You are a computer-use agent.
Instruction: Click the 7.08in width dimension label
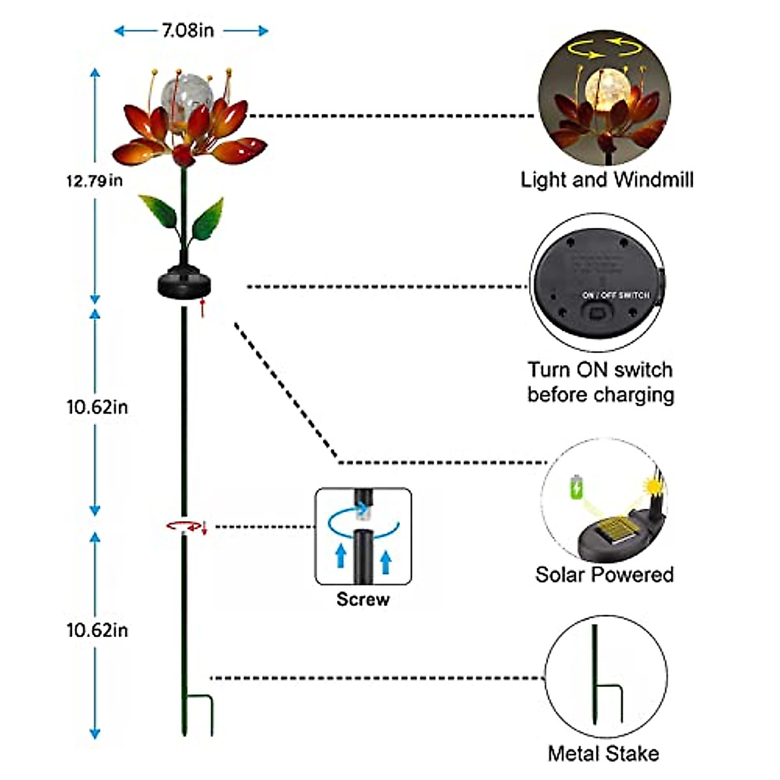pyautogui.click(x=188, y=31)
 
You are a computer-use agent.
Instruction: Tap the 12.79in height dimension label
pyautogui.click(x=94, y=181)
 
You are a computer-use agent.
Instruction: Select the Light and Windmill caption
pyautogui.click(x=607, y=179)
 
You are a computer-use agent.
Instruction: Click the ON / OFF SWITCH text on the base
pyautogui.click(x=615, y=295)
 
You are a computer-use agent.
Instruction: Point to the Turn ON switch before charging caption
pyautogui.click(x=601, y=382)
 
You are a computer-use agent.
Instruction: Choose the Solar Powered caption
pyautogui.click(x=604, y=575)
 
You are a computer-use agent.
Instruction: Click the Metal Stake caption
pyautogui.click(x=603, y=753)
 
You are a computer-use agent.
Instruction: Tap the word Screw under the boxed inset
pyautogui.click(x=363, y=599)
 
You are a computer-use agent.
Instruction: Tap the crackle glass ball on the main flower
pyautogui.click(x=187, y=96)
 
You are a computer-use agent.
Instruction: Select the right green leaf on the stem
pyautogui.click(x=207, y=220)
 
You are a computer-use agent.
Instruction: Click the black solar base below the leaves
pyautogui.click(x=185, y=284)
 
